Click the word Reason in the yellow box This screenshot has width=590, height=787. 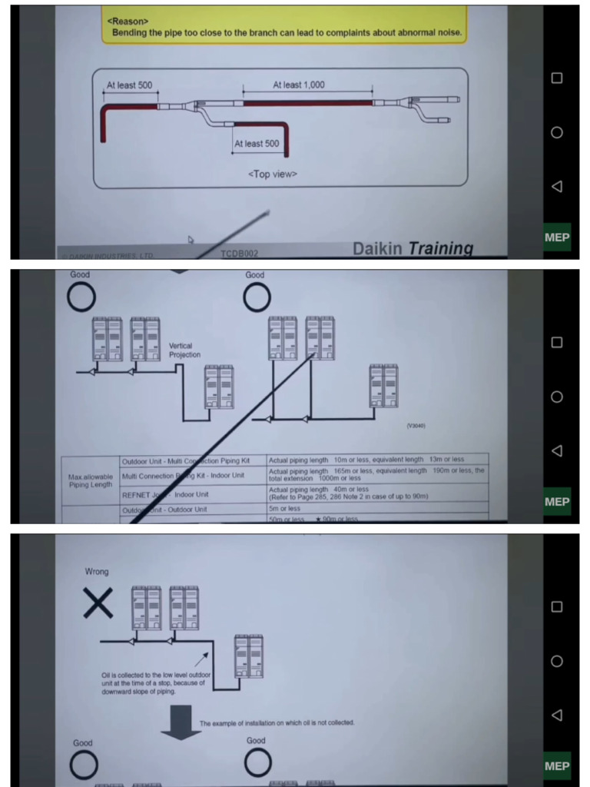(128, 22)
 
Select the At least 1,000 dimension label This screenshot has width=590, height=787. (299, 85)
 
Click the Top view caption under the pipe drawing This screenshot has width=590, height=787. (272, 174)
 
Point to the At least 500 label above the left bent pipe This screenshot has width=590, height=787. (129, 85)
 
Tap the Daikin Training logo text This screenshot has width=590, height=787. (413, 248)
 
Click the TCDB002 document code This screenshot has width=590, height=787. (240, 253)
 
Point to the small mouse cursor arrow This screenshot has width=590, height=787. (191, 239)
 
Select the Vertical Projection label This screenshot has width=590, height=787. (184, 350)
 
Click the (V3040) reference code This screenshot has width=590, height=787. (416, 425)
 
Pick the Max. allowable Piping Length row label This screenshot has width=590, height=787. (90, 480)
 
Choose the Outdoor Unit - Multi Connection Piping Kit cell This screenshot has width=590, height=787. (192, 460)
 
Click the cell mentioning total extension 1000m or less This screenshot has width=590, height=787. (376, 474)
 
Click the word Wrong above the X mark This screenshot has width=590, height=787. (97, 572)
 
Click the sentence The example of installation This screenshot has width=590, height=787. (276, 723)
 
